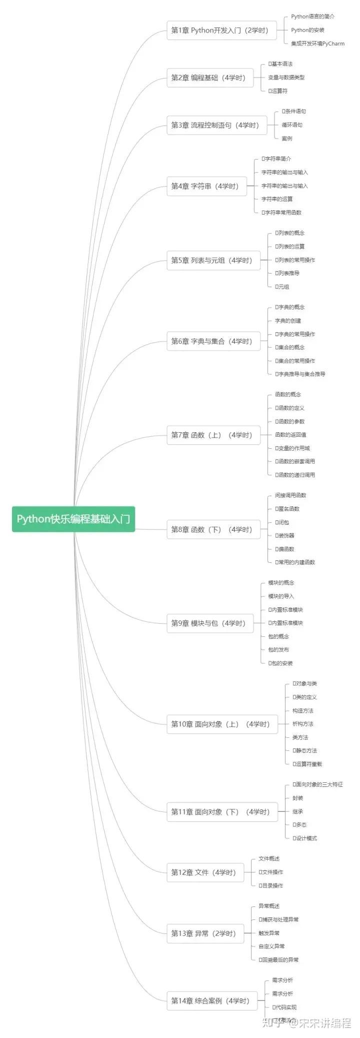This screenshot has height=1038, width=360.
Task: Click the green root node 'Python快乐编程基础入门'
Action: [73, 519]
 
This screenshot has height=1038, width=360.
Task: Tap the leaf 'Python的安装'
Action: [307, 30]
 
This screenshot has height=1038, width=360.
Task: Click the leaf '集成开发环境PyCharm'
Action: [317, 44]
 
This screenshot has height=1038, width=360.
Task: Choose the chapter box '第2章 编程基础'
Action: [209, 78]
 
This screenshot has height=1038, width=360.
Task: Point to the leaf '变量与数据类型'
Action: [286, 78]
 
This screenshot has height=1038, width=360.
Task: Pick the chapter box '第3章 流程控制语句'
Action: [216, 125]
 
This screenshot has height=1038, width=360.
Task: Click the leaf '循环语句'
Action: [292, 125]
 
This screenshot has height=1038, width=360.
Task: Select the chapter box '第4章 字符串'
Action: [206, 186]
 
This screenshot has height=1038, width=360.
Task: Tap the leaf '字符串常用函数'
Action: [283, 213]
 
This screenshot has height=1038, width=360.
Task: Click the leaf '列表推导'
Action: [288, 273]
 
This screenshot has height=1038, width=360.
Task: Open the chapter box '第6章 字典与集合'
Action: [213, 341]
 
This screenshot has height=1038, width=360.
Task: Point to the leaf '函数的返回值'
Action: [290, 435]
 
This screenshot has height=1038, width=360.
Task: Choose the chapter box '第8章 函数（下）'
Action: [213, 529]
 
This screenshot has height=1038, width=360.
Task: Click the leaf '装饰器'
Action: [286, 536]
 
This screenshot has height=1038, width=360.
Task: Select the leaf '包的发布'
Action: [278, 650]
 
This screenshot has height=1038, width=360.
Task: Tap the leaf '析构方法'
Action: [303, 724]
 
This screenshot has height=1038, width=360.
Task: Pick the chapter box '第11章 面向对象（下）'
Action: [221, 812]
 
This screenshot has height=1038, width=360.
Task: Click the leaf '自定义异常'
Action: [271, 946]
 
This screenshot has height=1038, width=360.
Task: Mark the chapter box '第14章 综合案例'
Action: [211, 1001]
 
